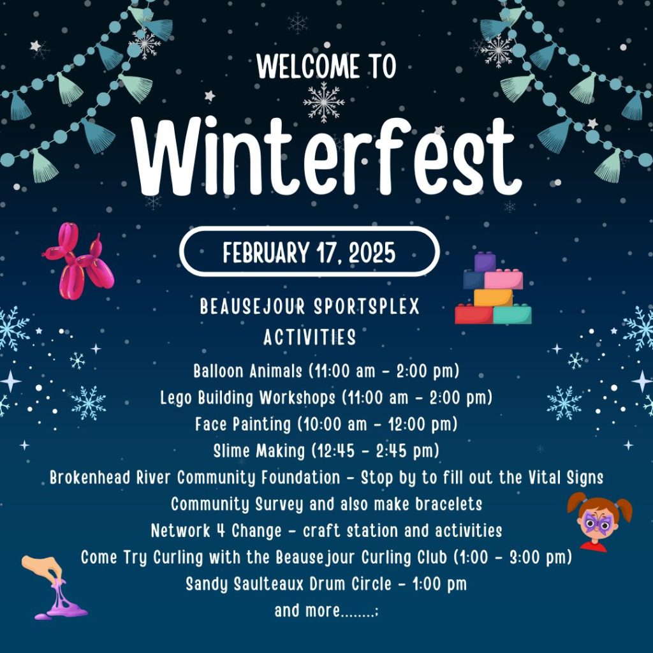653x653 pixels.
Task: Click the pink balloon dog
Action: pyautogui.click(x=78, y=262)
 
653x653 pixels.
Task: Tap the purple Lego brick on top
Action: pyautogui.click(x=485, y=261)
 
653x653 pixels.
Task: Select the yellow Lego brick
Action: pyautogui.click(x=493, y=297)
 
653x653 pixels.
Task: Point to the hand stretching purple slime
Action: pyautogui.click(x=54, y=587)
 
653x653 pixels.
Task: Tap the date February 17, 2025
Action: pyautogui.click(x=309, y=253)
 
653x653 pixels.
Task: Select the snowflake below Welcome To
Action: pyautogui.click(x=324, y=101)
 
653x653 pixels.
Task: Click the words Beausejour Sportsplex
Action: pyautogui.click(x=310, y=307)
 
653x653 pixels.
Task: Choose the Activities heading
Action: pyautogui.click(x=310, y=336)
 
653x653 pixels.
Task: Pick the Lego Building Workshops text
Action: pyautogui.click(x=248, y=398)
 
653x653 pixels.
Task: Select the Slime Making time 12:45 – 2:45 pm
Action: pyautogui.click(x=376, y=451)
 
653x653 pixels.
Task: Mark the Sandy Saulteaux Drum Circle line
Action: pyautogui.click(x=326, y=583)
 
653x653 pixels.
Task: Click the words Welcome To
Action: pyautogui.click(x=326, y=66)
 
